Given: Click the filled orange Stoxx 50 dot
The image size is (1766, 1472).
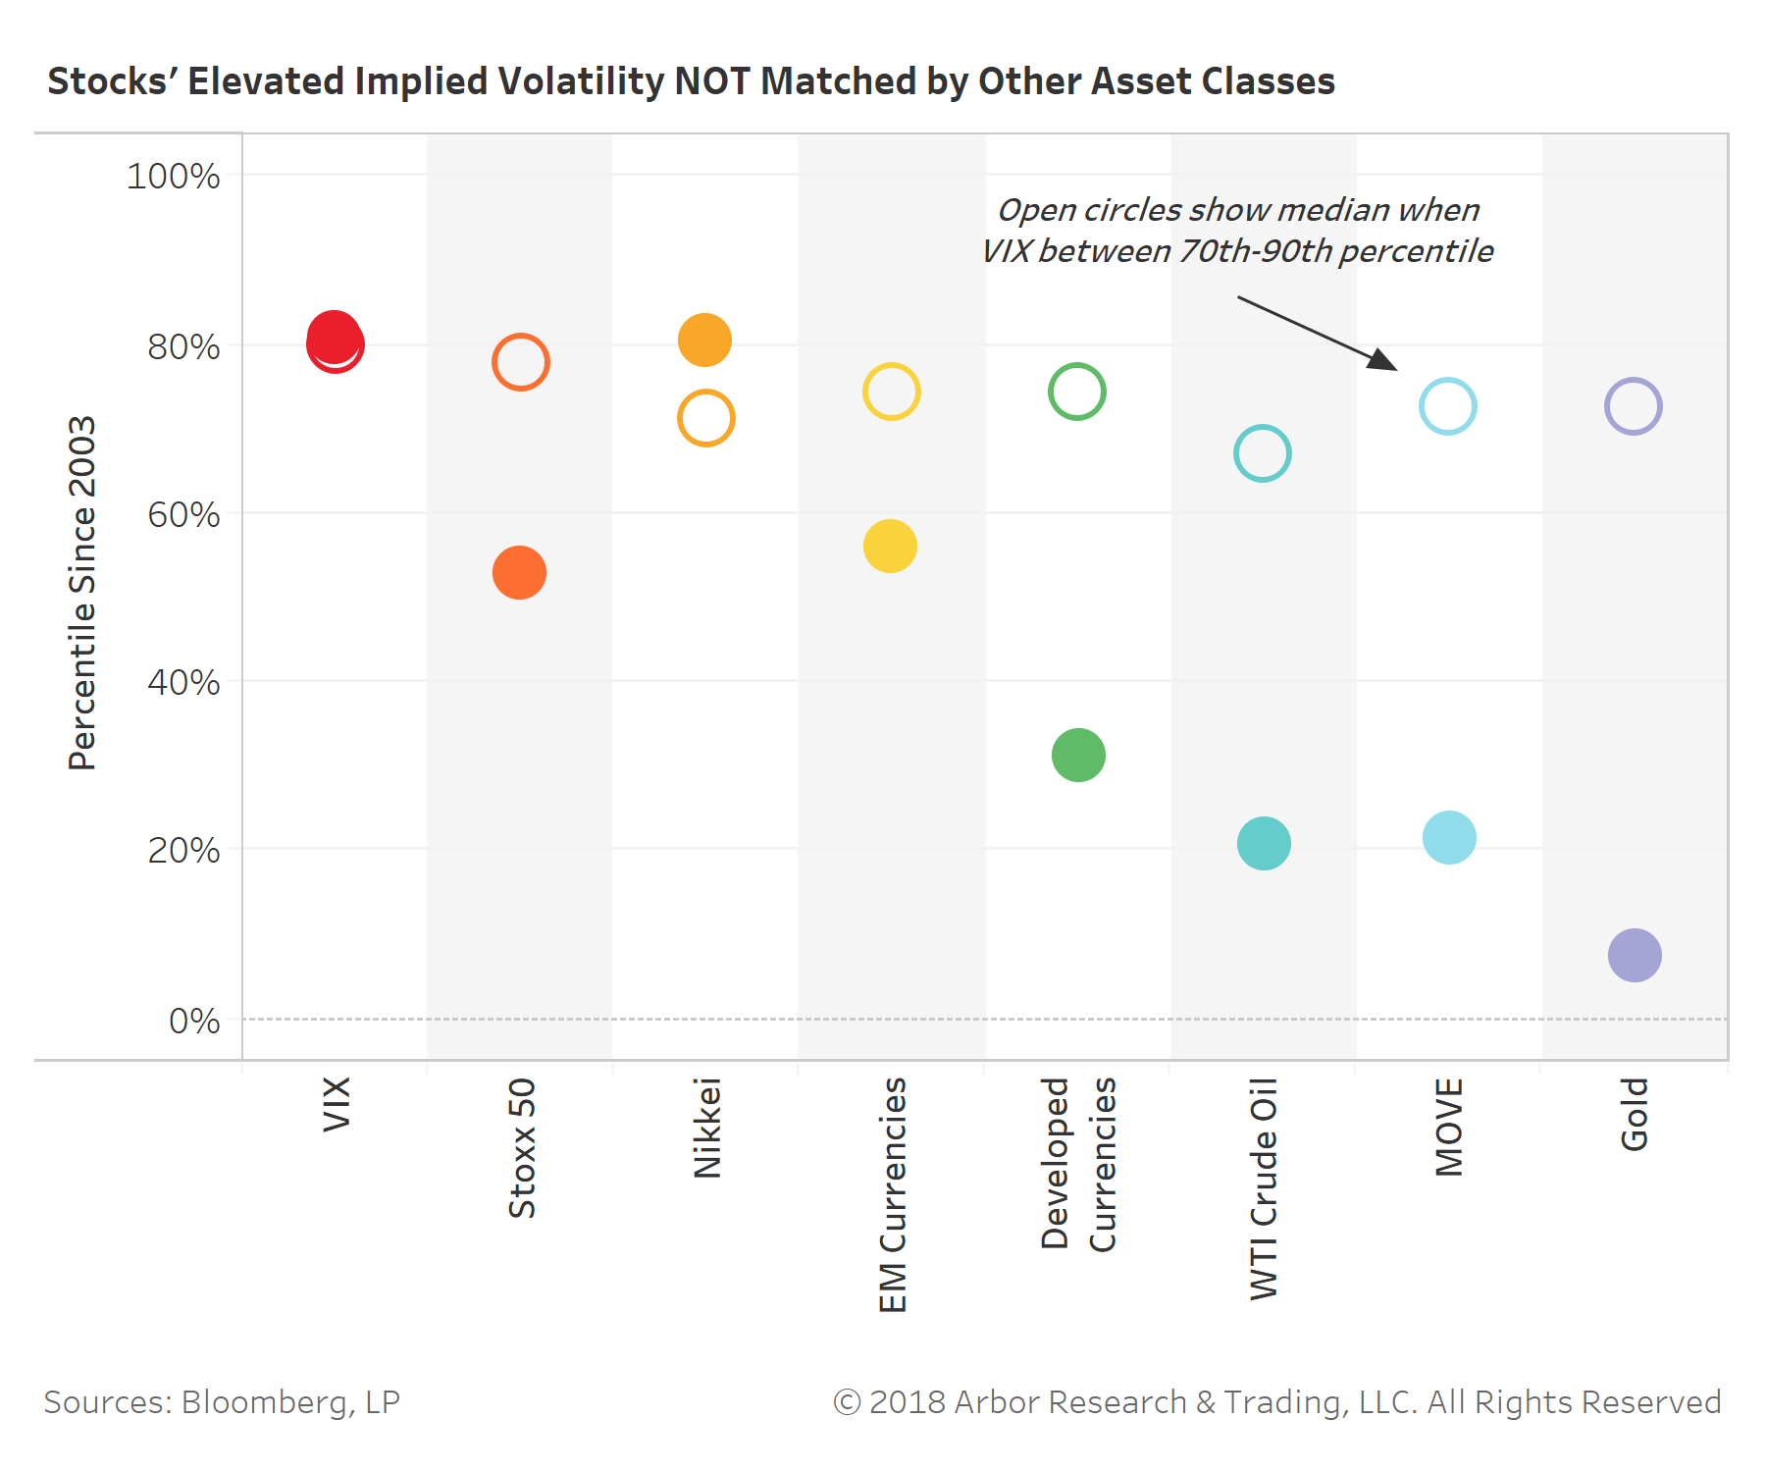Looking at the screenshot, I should point(519,572).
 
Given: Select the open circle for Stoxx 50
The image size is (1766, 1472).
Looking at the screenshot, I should point(520,362).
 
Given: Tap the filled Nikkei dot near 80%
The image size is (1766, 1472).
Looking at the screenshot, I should point(704,341).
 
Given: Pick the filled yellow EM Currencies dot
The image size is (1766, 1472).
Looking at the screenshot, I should point(890,546).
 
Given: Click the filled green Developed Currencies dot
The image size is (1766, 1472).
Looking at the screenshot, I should point(1078,755).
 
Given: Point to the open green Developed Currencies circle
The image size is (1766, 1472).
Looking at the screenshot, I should point(1076,392).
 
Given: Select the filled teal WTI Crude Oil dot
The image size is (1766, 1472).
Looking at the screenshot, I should point(1264,843).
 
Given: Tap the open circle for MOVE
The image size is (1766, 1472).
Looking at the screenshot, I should point(1447,406).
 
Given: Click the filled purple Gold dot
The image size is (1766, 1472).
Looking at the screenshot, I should point(1635,955).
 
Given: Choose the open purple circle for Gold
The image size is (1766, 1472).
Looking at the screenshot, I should point(1633,406).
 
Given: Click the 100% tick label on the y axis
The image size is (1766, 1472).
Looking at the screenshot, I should point(173,177).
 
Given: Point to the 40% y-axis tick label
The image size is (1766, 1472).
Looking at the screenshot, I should point(183,682).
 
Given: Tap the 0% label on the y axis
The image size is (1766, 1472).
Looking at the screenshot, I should point(194,1021).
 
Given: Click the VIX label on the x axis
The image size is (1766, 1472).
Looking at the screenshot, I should point(337,1104).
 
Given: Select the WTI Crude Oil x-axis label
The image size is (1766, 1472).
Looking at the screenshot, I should point(1264,1188).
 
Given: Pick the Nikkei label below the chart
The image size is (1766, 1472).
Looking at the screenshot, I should point(707,1128).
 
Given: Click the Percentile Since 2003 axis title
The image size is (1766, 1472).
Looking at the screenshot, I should point(82,594).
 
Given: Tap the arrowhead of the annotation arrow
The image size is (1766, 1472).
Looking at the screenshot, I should point(1384,361).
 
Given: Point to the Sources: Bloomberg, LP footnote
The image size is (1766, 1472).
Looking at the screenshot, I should point(222,1402).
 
